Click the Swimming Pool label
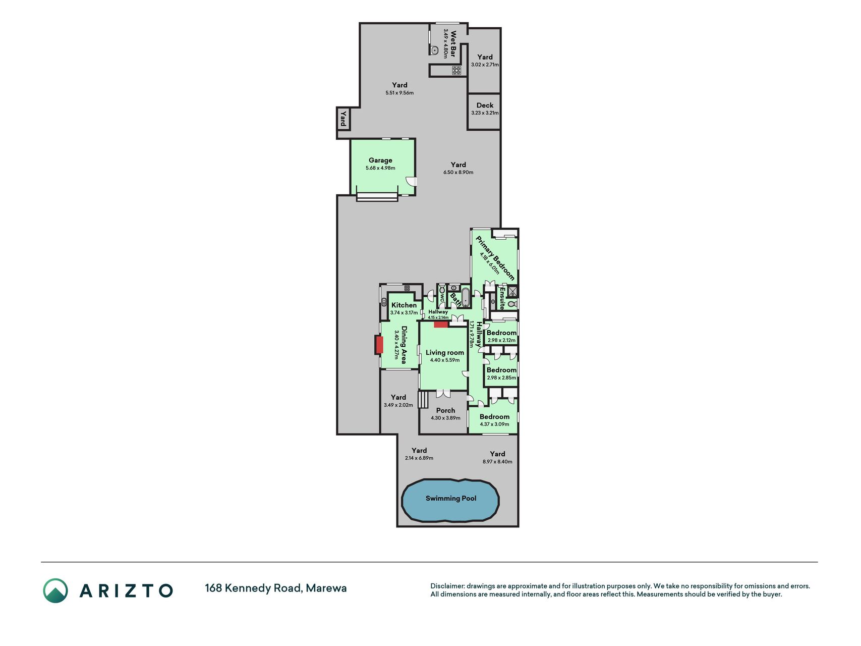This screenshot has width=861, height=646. [x=451, y=498]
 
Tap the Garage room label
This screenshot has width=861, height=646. [x=380, y=160]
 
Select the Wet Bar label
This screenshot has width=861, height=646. [x=453, y=44]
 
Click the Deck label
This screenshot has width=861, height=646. [x=485, y=105]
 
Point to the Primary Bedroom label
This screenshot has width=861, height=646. [x=495, y=258]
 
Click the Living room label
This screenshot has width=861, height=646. [x=445, y=353]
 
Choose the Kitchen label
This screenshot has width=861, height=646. [x=404, y=305]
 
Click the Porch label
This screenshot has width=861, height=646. [x=446, y=410]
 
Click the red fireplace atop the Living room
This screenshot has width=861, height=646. [x=441, y=325]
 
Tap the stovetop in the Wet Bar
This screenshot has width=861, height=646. [x=456, y=71]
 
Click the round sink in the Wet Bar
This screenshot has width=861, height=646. [x=434, y=50]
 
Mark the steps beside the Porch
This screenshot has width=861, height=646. [x=423, y=399]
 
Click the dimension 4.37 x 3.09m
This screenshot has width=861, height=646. [x=494, y=424]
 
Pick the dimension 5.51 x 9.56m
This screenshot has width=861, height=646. [x=399, y=93]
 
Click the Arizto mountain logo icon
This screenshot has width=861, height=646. [x=55, y=590]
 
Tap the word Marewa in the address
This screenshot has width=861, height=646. [x=326, y=588]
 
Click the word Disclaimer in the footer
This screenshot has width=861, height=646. [x=447, y=586]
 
